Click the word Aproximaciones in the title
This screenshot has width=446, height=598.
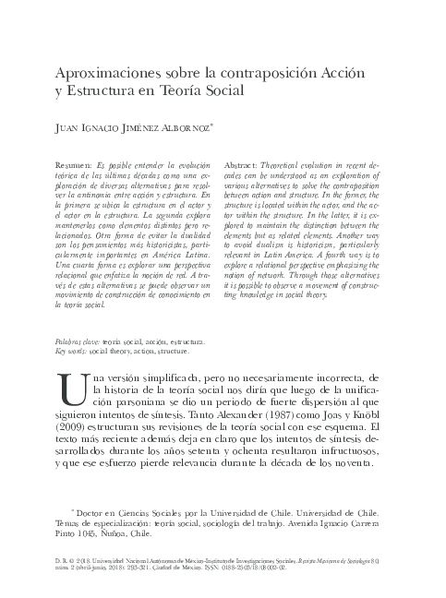coord(114,73)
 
